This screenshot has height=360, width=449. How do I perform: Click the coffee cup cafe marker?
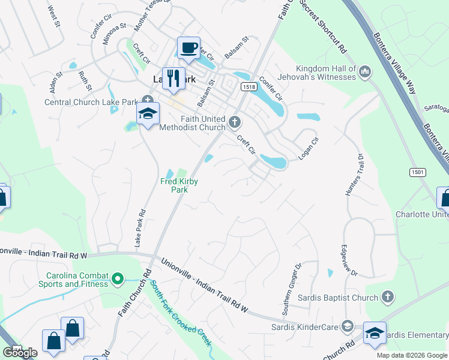[x=189, y=47]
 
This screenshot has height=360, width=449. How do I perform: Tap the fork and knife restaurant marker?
[x=173, y=78]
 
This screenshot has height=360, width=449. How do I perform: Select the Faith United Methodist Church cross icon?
[x=234, y=123]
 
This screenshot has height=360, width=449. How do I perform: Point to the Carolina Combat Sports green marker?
[x=118, y=279]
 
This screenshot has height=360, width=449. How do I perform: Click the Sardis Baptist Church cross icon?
[x=388, y=297]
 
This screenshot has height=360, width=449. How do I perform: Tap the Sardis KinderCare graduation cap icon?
[x=346, y=326]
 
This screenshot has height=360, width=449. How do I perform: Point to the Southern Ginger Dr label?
[x=292, y=290]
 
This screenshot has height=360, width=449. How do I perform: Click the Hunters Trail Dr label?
[x=354, y=175]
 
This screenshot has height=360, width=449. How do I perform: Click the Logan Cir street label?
[x=309, y=148]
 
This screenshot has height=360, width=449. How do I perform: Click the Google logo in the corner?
[x=20, y=352]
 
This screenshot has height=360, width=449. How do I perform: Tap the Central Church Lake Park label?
[x=91, y=102]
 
